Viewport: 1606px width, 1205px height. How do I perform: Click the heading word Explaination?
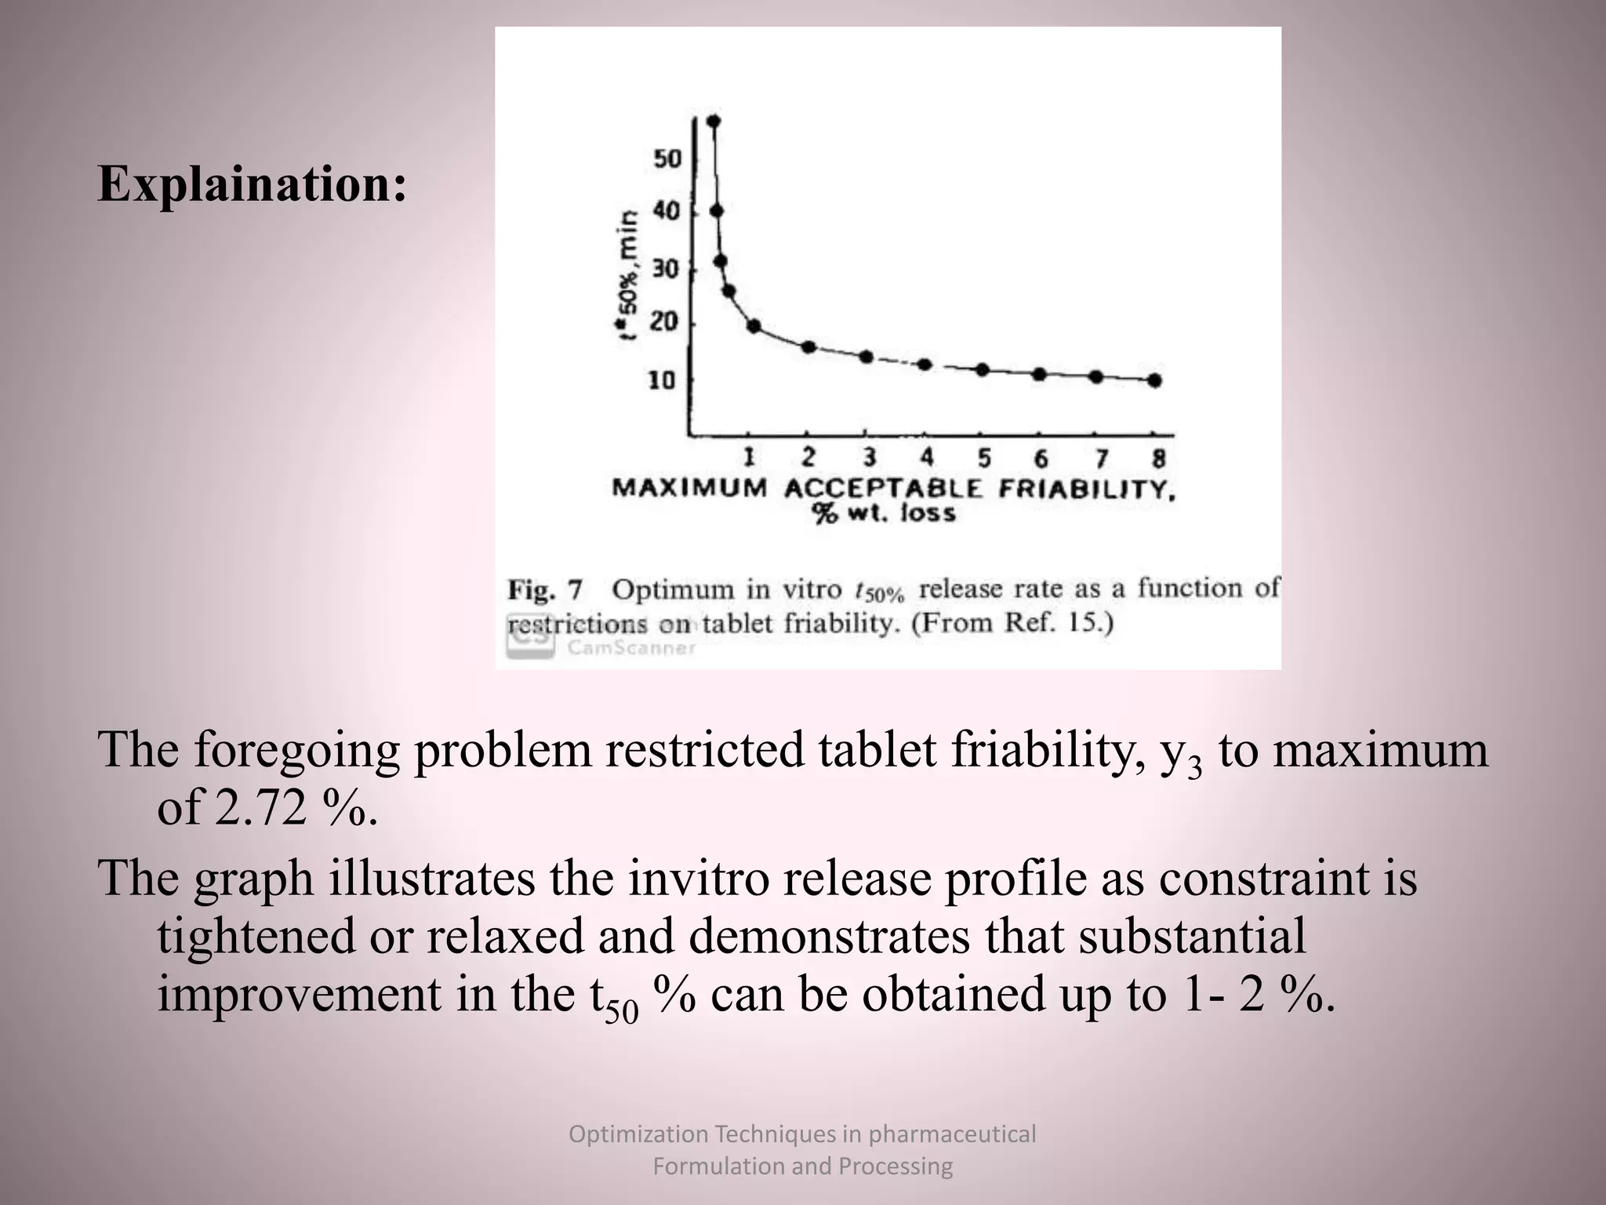(x=252, y=184)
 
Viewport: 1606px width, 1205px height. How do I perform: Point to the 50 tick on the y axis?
(x=667, y=159)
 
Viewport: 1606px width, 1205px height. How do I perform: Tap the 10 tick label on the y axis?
(x=662, y=381)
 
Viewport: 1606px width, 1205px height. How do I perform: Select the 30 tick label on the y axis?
(x=664, y=269)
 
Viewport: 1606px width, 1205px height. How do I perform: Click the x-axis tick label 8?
(x=1159, y=457)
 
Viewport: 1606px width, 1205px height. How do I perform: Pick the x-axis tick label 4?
(x=927, y=457)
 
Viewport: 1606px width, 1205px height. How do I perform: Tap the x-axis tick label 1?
(x=749, y=457)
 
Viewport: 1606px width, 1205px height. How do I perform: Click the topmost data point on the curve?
(x=714, y=121)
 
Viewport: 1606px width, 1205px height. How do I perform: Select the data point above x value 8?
(x=1154, y=380)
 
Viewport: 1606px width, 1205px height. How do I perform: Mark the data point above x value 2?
(x=809, y=348)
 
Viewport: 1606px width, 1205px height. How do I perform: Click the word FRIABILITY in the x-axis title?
(x=1087, y=489)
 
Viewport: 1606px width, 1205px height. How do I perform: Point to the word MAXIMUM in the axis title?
(x=689, y=488)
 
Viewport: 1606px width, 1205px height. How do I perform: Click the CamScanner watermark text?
(x=631, y=648)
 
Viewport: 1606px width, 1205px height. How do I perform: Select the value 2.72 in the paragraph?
(x=260, y=808)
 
